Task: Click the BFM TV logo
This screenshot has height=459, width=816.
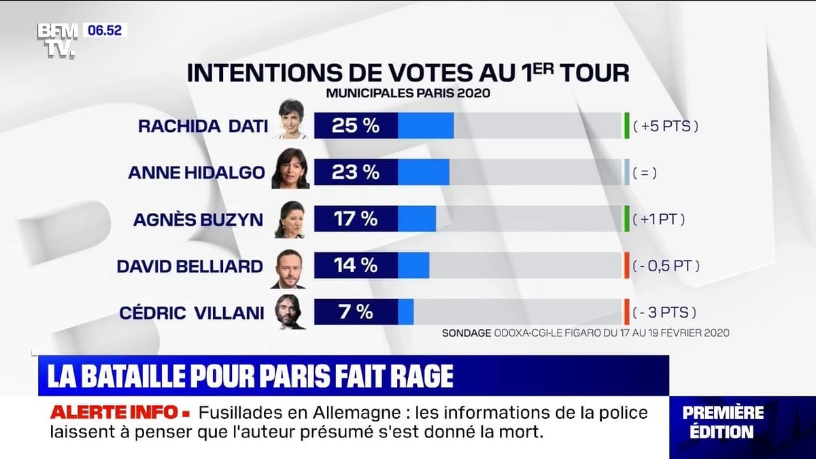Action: tap(57, 40)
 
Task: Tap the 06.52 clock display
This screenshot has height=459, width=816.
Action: tap(105, 31)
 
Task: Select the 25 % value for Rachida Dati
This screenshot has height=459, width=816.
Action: tap(355, 126)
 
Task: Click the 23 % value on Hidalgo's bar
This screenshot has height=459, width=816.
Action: tap(355, 173)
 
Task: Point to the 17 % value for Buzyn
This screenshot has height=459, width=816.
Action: tap(355, 219)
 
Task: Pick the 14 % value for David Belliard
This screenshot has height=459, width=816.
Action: tap(355, 265)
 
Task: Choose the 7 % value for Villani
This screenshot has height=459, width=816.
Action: tap(355, 312)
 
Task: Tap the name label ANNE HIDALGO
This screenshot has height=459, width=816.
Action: tap(196, 173)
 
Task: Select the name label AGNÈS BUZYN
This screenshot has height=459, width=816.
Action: tap(198, 219)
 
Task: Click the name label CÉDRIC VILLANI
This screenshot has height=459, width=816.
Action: tap(192, 313)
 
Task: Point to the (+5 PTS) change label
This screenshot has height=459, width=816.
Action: tap(666, 126)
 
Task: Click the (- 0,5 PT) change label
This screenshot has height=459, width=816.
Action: tap(666, 266)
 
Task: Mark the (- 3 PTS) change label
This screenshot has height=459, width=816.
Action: tap(664, 313)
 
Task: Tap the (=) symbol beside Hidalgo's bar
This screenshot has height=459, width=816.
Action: tap(644, 173)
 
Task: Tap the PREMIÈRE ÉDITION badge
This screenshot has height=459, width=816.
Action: tap(723, 422)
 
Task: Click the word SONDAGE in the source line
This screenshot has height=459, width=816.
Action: tap(466, 333)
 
